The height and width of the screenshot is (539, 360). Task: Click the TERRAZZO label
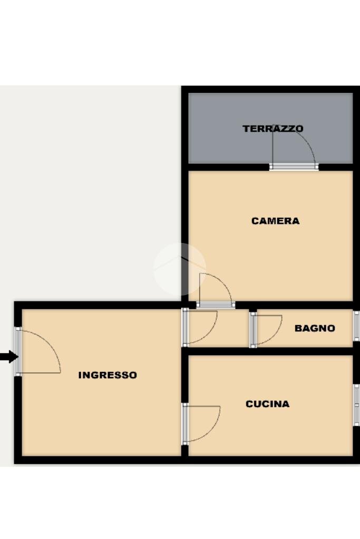click(273, 129)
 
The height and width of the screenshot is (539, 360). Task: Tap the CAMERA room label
click(275, 221)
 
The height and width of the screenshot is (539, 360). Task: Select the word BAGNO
click(315, 328)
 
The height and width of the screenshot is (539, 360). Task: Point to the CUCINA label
click(267, 404)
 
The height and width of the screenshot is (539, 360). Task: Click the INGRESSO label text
click(108, 375)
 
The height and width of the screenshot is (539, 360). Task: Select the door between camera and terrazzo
click(293, 149)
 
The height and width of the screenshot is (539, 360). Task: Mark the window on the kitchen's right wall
click(356, 404)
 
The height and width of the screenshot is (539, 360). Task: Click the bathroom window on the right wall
click(356, 326)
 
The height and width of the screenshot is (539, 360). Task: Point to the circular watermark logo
click(179, 269)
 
